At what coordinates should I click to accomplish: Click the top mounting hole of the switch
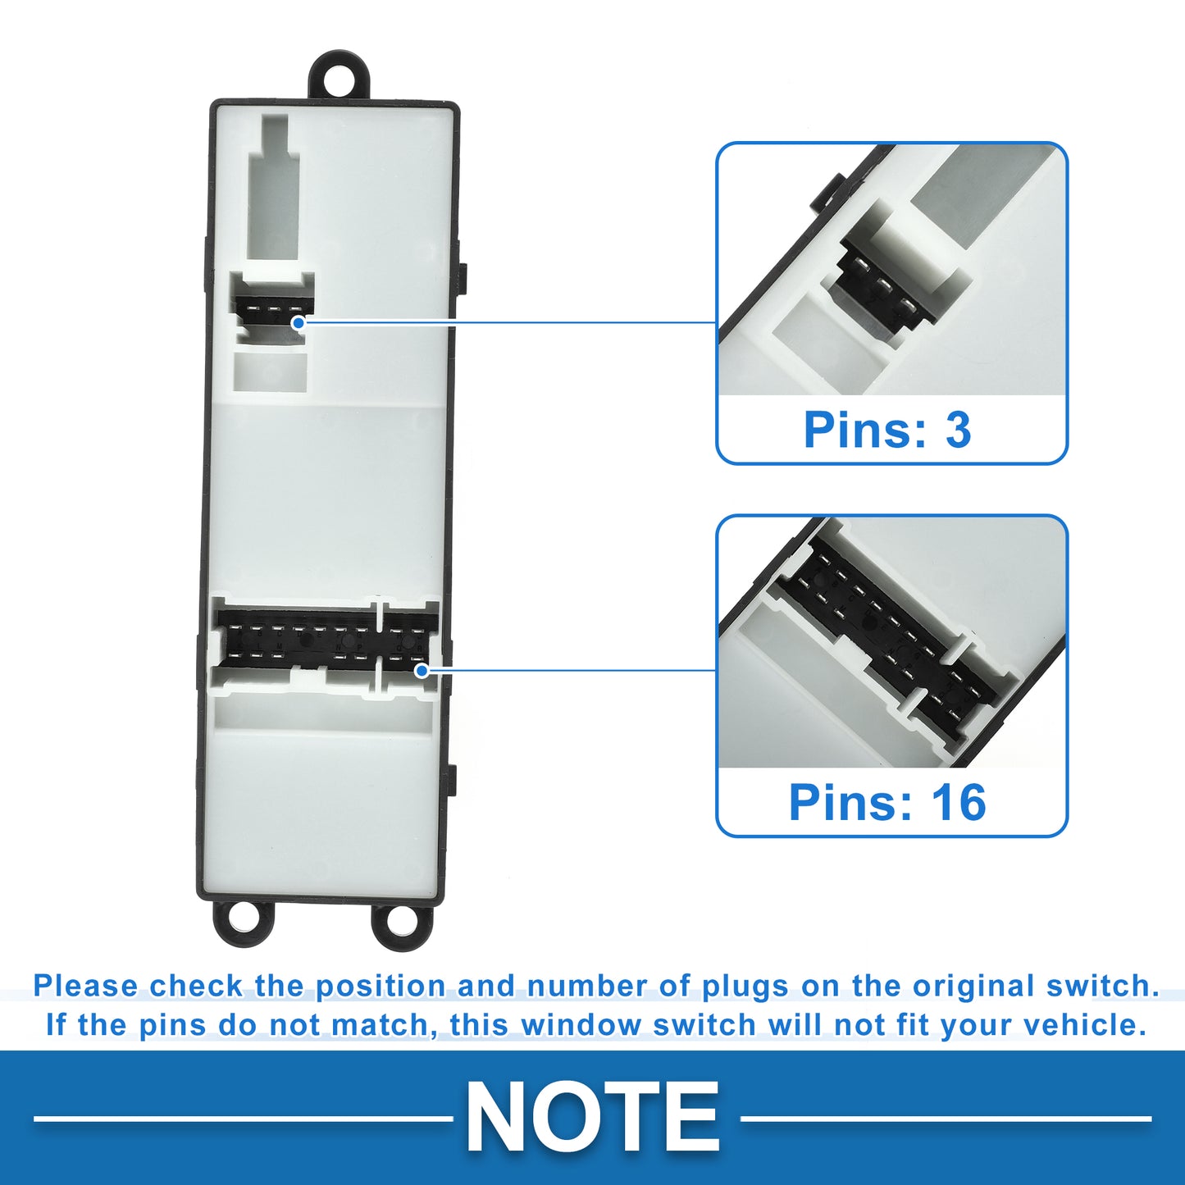click(x=340, y=80)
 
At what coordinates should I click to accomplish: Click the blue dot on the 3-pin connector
click(x=299, y=322)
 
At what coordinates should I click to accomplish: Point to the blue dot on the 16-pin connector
click(x=422, y=670)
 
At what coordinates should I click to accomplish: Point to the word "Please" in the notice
click(x=86, y=987)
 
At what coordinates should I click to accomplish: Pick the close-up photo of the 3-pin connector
click(x=892, y=270)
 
